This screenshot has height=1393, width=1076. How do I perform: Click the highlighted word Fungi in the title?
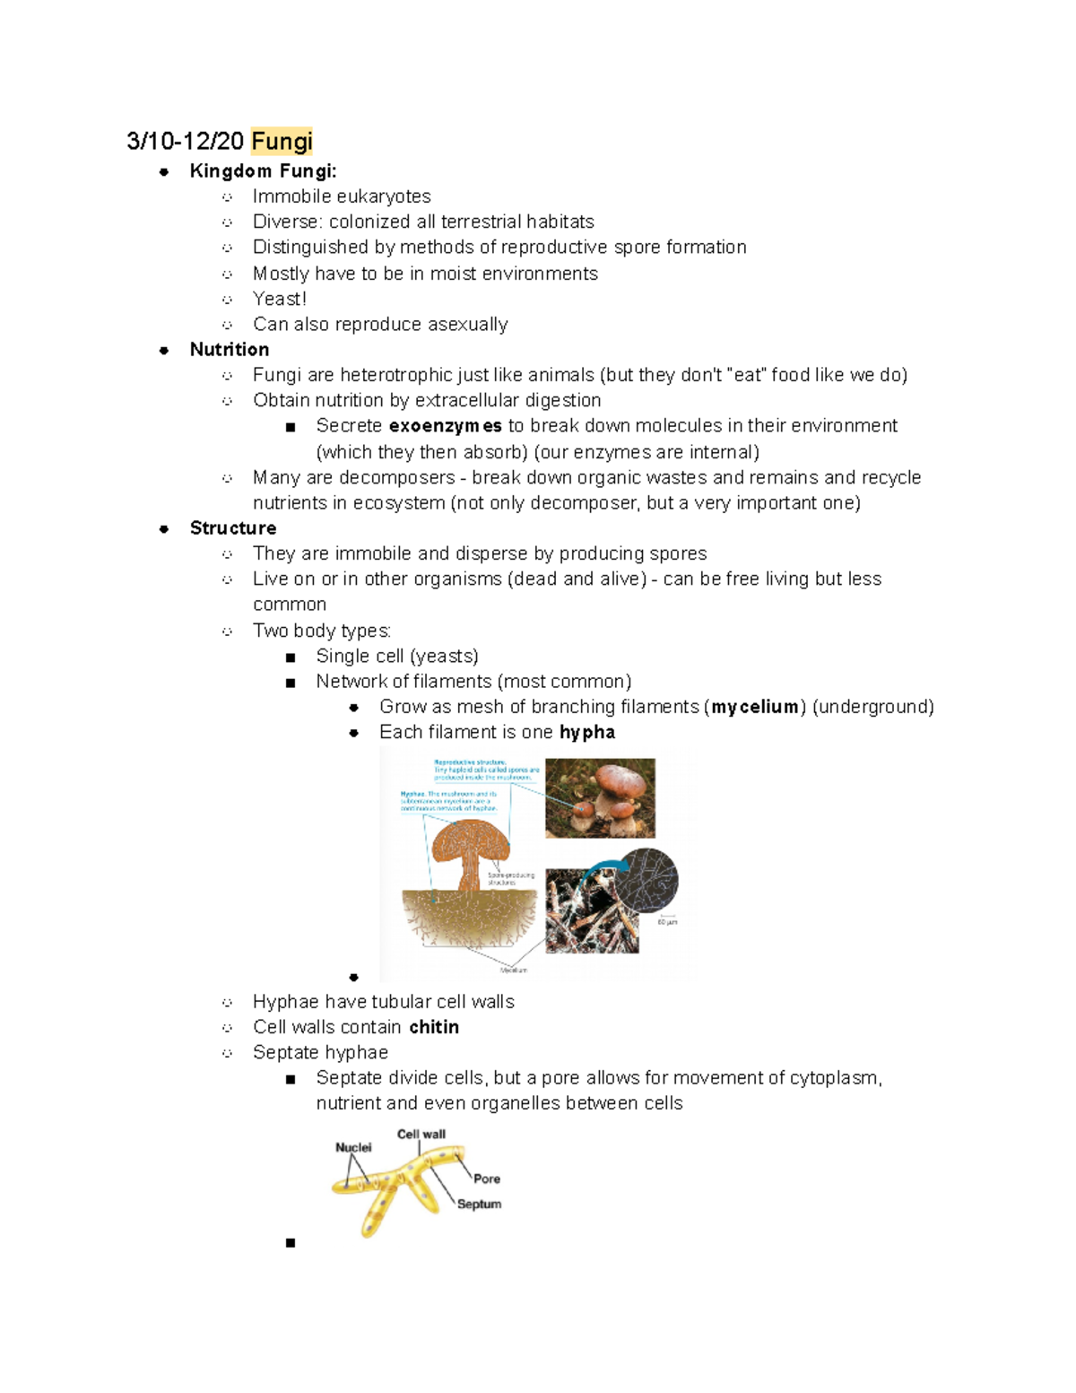[x=282, y=141]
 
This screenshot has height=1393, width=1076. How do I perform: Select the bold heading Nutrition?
[x=229, y=350]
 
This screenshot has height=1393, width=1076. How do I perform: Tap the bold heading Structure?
[x=232, y=528]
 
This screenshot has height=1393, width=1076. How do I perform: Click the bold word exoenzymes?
[x=445, y=426]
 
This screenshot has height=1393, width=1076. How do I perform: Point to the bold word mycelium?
[x=755, y=707]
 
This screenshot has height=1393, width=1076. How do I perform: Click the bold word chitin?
[x=434, y=1027]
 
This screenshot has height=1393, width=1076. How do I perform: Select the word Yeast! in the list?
[x=280, y=299]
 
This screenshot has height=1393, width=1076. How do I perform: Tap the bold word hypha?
[x=587, y=732]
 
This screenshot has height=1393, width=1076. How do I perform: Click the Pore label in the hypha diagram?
[x=487, y=1179]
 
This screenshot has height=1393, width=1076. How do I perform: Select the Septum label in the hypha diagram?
[x=479, y=1204]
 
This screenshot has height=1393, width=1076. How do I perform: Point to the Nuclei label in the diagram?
[x=353, y=1147]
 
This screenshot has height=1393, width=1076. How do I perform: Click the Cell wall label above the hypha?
[x=421, y=1134]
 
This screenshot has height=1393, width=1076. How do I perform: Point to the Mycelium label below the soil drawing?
[x=514, y=970]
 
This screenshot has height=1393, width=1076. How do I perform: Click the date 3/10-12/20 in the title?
[x=185, y=141]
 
